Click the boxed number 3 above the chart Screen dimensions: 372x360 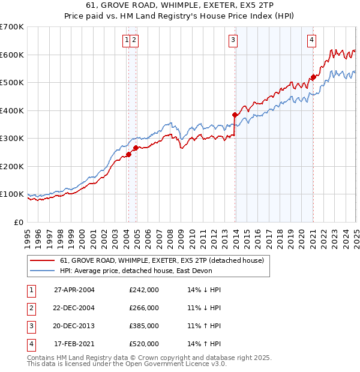pyautogui.click(x=232, y=41)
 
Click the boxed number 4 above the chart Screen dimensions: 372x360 pyautogui.click(x=312, y=41)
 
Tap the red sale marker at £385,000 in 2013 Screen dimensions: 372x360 pyautogui.click(x=235, y=114)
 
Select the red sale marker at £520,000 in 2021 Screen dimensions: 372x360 pyautogui.click(x=313, y=77)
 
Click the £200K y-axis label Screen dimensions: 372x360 pyautogui.click(x=12, y=166)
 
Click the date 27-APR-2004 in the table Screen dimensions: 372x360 pyautogui.click(x=74, y=290)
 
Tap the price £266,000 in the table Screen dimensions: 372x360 pyautogui.click(x=144, y=308)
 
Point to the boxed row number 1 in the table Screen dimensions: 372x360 pyautogui.click(x=30, y=290)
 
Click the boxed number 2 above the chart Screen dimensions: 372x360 pyautogui.click(x=134, y=41)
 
